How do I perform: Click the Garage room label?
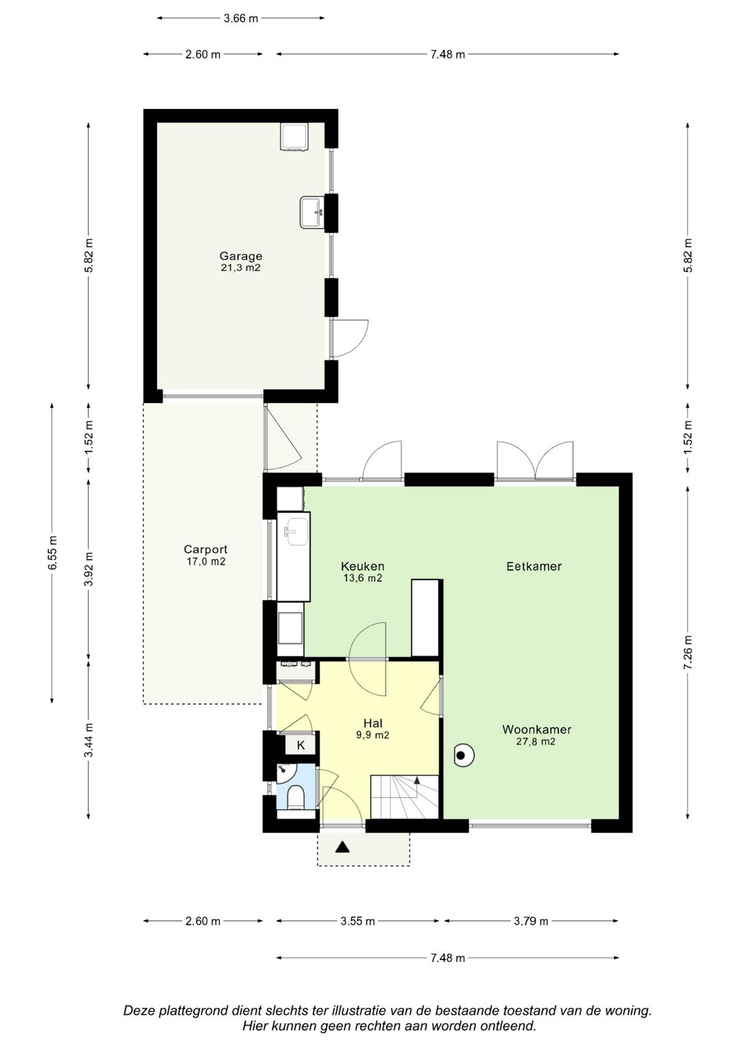point(241,256)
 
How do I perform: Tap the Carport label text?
point(206,549)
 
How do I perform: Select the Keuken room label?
point(362,566)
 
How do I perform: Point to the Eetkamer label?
point(534,566)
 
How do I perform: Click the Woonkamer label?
point(536,729)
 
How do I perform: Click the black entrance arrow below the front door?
point(343,847)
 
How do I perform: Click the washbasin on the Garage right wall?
point(312,212)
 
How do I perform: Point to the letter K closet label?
point(301,745)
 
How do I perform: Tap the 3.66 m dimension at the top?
point(241,19)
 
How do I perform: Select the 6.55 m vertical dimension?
point(52,553)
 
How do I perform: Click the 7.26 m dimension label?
point(688,652)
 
